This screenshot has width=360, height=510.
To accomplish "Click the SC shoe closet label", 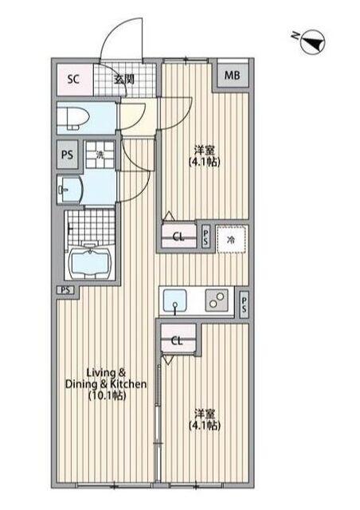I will point(73,78).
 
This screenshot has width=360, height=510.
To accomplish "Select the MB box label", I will point(231,75).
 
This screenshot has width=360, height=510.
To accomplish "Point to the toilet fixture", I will point(73,120).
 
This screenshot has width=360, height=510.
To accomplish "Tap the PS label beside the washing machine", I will point(68,155).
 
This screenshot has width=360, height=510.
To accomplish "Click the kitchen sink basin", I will point(176,302).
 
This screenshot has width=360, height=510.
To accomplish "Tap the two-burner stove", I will point(215,301).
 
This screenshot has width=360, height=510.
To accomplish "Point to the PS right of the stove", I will point(244,302).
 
